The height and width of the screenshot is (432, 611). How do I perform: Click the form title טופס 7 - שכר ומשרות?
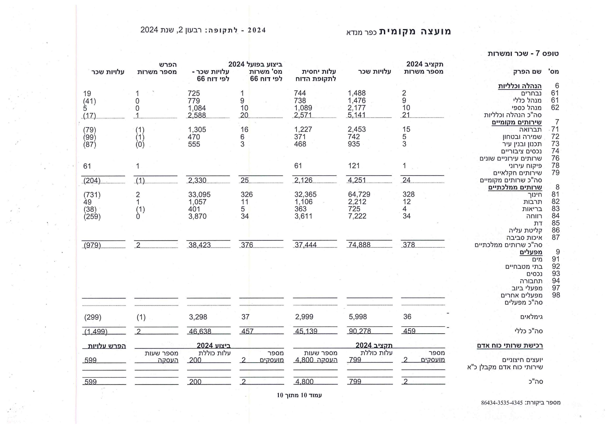pos(523,53)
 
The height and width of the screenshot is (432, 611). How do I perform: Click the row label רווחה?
pos(534,216)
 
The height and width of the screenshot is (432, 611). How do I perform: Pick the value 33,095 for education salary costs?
pos(199,195)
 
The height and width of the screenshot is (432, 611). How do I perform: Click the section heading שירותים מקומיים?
pos(516,122)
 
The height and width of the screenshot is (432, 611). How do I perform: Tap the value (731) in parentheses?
pos(92,195)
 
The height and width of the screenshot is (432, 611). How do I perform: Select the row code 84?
pos(556,216)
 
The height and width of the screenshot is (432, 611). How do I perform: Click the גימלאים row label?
pos(532,317)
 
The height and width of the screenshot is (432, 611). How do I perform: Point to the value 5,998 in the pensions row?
pos(358,317)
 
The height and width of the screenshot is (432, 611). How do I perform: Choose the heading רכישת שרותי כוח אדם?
pos(510,346)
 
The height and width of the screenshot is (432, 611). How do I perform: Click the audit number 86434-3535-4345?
pos(502,403)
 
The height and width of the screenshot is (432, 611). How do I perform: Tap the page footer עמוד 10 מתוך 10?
pos(299,395)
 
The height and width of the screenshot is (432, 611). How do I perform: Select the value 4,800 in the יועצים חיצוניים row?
pos(305,360)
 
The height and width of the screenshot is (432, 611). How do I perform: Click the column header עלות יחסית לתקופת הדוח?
pos(316,75)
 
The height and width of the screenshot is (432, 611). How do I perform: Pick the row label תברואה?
pos(530,130)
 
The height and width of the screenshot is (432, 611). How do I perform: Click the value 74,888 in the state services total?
pos(359,245)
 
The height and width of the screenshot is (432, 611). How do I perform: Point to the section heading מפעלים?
pos(531,252)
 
